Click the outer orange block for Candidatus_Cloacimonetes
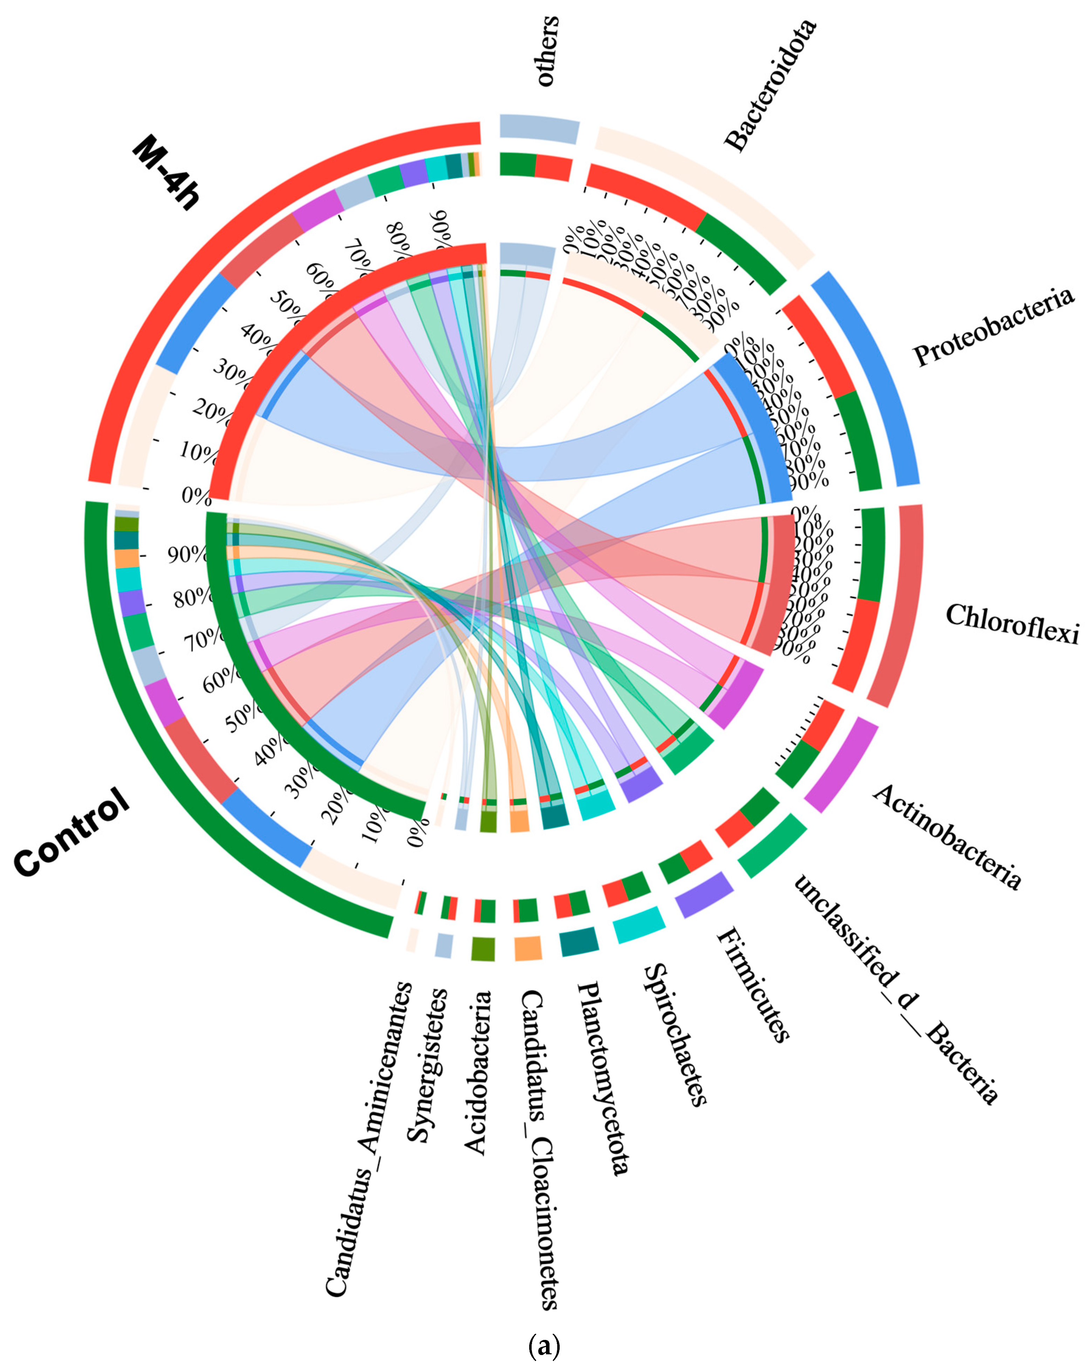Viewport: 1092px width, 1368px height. coord(528,948)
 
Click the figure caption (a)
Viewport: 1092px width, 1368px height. coord(544,1344)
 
